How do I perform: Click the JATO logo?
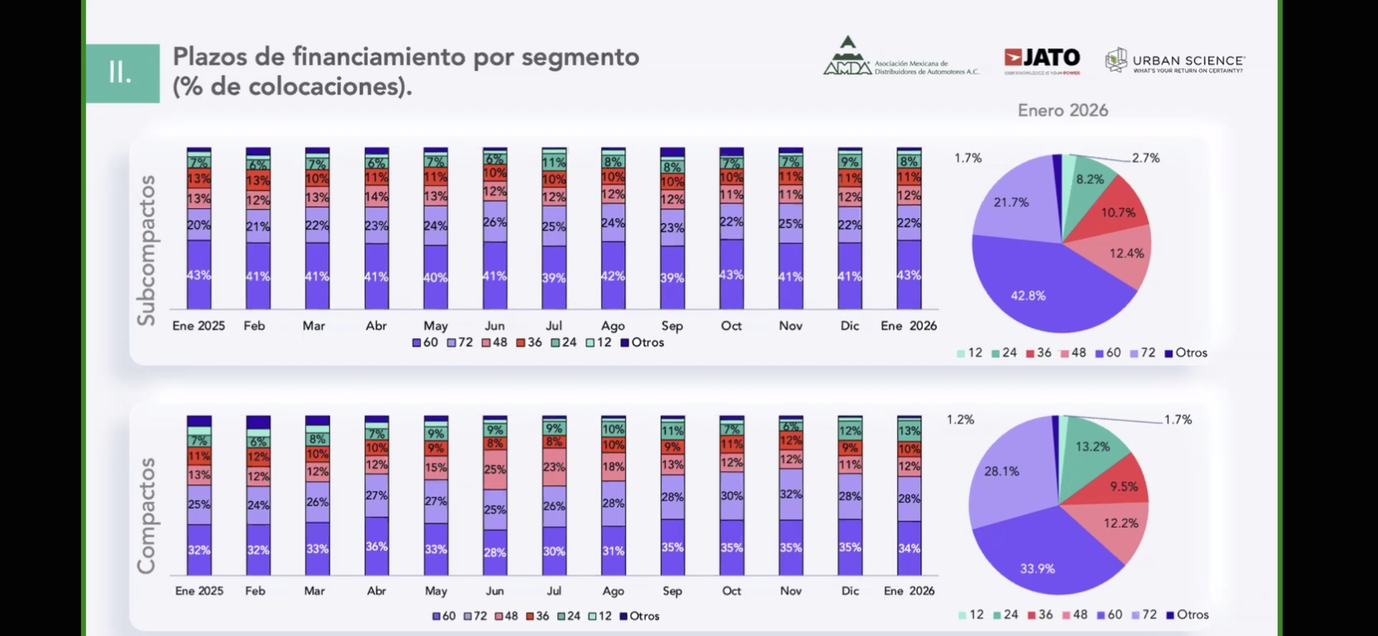(1042, 58)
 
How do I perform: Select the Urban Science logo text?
(1188, 61)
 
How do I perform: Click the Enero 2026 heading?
(1063, 111)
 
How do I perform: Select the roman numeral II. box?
(122, 74)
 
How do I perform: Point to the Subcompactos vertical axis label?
(146, 250)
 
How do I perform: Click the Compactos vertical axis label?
(146, 515)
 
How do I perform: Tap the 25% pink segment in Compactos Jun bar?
(495, 469)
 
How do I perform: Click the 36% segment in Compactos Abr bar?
(376, 546)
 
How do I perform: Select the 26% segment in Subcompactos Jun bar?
(495, 221)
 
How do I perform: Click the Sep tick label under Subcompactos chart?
(672, 326)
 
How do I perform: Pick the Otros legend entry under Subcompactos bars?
(642, 342)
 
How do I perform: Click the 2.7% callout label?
(1145, 158)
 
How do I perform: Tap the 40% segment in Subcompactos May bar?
(436, 277)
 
